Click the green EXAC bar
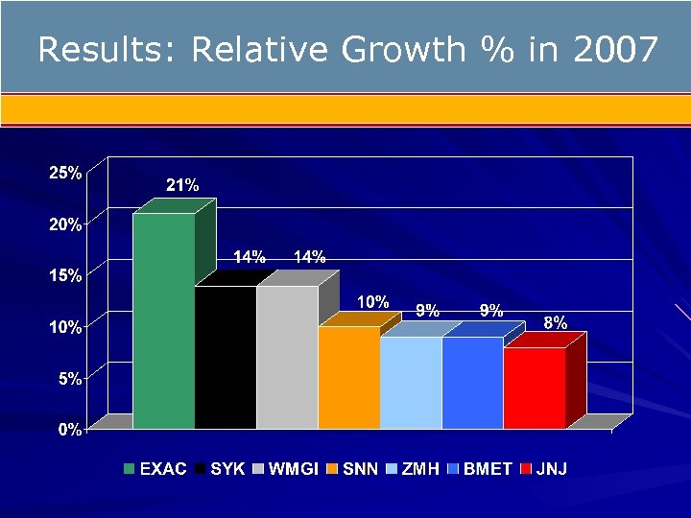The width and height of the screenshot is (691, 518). point(163,320)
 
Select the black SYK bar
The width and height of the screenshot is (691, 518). point(225,357)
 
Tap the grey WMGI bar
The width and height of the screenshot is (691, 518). point(287,357)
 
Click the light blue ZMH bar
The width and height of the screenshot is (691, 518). point(411,383)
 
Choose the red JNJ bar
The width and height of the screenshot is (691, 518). point(535,388)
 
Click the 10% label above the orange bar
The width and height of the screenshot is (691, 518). point(372,302)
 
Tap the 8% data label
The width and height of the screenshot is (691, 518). point(555,323)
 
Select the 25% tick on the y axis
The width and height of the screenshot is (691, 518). point(65,174)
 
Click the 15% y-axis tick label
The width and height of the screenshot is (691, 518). point(65,275)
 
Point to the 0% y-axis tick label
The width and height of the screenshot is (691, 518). point(69,430)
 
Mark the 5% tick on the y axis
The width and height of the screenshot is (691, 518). point(69,379)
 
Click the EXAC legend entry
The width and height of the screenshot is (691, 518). point(155,469)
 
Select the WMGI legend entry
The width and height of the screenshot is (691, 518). point(287,469)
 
